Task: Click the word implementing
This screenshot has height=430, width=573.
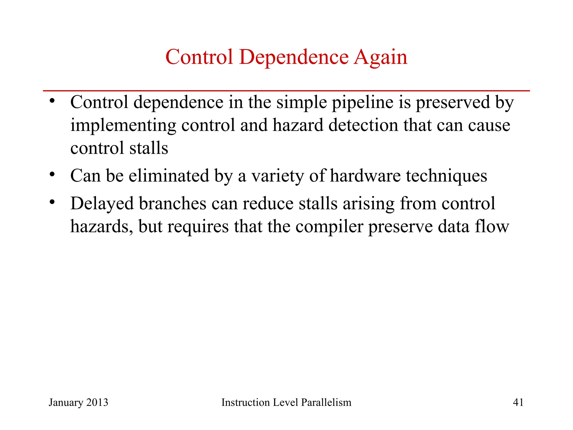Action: tap(123, 125)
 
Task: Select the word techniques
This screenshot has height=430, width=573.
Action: tap(447, 176)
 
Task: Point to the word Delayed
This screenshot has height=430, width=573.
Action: tap(102, 204)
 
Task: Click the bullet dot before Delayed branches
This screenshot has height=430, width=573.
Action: tap(52, 202)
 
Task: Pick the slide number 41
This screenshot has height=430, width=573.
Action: tap(518, 403)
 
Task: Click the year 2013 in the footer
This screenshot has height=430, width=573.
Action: tap(97, 403)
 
